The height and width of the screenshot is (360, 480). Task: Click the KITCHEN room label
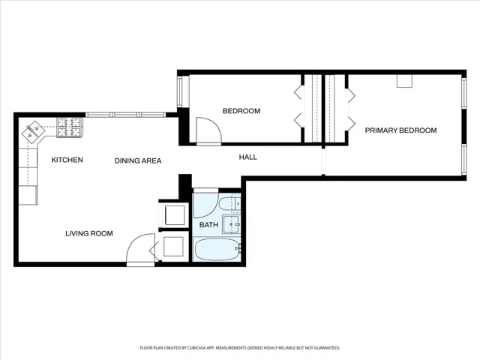click(x=67, y=160)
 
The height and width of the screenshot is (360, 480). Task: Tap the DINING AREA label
click(x=138, y=160)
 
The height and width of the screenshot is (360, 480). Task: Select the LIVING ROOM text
click(x=89, y=233)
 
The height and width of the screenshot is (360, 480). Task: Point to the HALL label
click(x=248, y=157)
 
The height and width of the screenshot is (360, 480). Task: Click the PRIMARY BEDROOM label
click(x=400, y=130)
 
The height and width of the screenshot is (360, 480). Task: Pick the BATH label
click(x=208, y=225)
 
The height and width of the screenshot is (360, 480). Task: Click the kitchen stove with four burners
click(x=70, y=127)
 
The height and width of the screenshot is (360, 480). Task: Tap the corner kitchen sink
click(x=33, y=131)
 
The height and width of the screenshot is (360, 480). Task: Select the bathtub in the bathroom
click(x=217, y=249)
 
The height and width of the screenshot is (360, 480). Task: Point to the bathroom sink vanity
click(x=231, y=224)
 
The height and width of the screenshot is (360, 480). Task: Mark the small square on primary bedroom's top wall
click(x=404, y=81)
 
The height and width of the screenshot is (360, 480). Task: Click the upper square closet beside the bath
click(x=175, y=215)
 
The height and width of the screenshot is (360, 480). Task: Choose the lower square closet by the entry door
click(x=173, y=247)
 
